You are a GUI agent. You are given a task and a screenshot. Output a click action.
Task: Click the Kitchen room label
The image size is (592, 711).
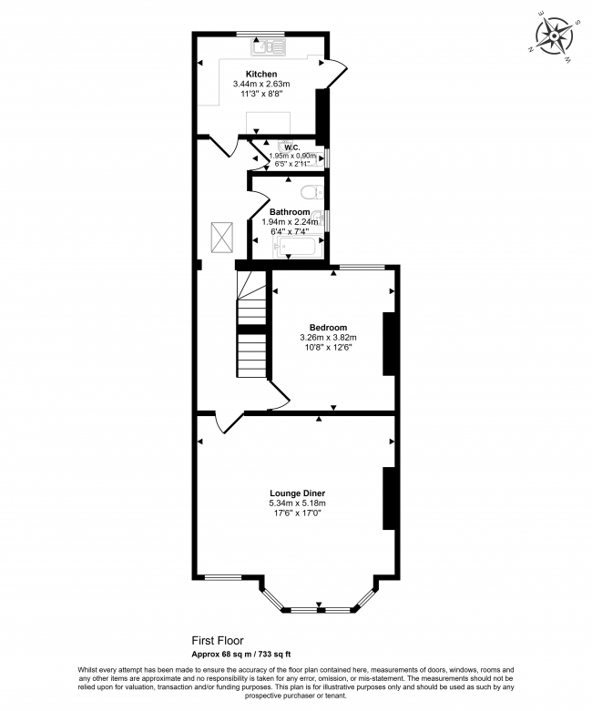point(261,74)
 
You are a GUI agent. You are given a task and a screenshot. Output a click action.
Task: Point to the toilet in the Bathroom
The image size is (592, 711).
point(310,191)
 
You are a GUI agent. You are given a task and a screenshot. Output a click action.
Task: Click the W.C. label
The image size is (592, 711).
point(292,147)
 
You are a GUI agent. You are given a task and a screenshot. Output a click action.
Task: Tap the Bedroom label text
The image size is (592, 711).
point(328,327)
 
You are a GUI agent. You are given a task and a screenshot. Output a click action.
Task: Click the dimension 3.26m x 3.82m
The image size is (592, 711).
point(328,337)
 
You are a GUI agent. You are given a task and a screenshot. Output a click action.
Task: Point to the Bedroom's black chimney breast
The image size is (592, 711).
point(389,343)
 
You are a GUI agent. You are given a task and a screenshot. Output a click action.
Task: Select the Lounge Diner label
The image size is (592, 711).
point(297,493)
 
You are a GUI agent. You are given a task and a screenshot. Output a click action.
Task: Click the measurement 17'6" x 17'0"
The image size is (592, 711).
point(297,513)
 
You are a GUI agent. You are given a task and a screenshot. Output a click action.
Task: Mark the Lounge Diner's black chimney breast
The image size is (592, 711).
point(389,497)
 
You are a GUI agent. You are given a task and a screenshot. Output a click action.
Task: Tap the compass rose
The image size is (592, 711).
point(554,36)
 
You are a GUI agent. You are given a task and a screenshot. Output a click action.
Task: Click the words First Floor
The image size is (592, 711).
point(217,640)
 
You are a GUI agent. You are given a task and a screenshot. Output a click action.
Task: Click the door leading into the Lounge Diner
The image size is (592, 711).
point(228,422)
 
